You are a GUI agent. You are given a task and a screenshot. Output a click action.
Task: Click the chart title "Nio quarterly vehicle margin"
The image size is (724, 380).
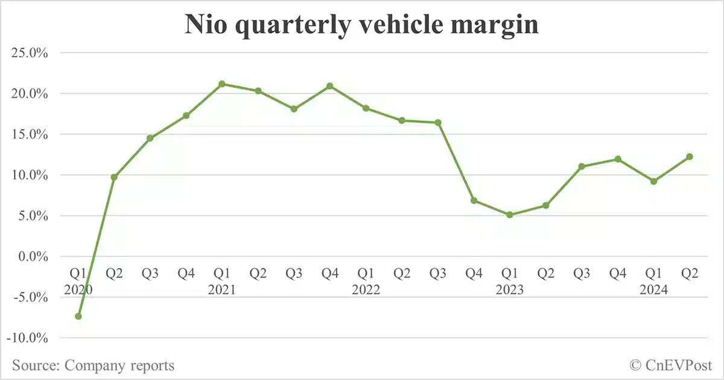pos(361,25)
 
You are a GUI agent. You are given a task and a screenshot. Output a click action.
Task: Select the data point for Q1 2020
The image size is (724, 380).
pos(78,316)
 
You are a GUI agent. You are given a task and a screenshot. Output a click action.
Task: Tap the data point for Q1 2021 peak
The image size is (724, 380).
pos(222,84)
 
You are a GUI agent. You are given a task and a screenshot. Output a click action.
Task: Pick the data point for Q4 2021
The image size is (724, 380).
pos(330,86)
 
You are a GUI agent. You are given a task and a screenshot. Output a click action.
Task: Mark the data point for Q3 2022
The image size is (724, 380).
pos(438,122)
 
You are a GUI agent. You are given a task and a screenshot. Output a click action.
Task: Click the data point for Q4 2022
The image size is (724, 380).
pos(474,200)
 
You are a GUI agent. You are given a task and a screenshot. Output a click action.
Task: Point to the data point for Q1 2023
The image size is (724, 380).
pos(510,214)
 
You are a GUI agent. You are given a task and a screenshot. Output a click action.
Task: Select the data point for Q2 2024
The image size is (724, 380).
pos(690,157)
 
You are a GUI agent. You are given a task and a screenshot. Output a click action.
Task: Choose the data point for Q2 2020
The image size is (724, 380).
pos(114,177)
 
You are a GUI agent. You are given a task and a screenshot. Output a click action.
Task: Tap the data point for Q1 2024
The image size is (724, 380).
pos(653,181)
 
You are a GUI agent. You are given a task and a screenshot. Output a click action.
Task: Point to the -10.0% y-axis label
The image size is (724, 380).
pos(28,338)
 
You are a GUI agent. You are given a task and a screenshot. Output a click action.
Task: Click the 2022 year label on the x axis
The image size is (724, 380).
pos(366,290)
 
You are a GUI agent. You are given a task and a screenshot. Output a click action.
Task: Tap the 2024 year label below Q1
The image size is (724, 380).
pos(653,290)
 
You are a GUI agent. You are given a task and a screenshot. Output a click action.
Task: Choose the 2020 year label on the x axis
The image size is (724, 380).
pos(78,290)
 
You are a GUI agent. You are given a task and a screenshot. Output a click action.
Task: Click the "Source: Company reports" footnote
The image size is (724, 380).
pos(93,365)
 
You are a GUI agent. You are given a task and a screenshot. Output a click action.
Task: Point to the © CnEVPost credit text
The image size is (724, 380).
pos(671,365)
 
